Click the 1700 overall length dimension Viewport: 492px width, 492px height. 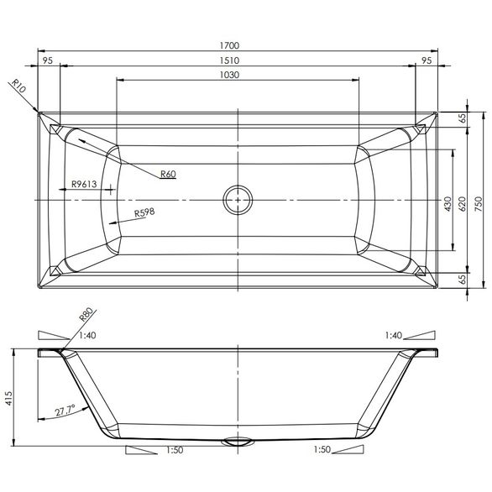pyautogui.click(x=229, y=45)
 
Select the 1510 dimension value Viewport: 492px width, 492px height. pyautogui.click(x=229, y=60)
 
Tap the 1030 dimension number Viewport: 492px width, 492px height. pyautogui.click(x=229, y=75)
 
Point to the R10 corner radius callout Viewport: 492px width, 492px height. pyautogui.click(x=18, y=86)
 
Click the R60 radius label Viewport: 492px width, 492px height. pyautogui.click(x=168, y=174)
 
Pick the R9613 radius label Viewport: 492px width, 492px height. pyautogui.click(x=84, y=184)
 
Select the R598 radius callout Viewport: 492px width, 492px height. pyautogui.click(x=144, y=212)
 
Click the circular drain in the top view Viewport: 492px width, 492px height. pyautogui.click(x=238, y=200)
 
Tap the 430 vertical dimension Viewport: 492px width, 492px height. pyautogui.click(x=448, y=204)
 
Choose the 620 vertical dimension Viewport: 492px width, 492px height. pyautogui.click(x=463, y=204)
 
